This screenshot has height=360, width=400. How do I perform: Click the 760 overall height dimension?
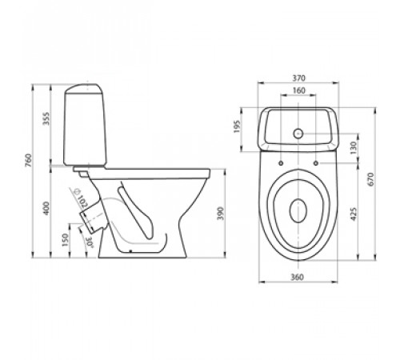28,160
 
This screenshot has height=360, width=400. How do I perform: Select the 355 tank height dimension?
46,118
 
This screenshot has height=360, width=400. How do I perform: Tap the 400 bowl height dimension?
46,208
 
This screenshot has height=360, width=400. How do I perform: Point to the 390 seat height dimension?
221,214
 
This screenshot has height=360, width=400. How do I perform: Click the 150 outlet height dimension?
65,240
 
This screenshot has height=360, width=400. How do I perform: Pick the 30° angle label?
90,243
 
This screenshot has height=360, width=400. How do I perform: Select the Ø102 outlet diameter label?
81,198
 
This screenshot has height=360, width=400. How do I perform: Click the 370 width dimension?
298,78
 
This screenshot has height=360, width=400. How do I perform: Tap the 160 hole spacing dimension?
298,90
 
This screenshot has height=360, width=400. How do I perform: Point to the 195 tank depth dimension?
237,126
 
